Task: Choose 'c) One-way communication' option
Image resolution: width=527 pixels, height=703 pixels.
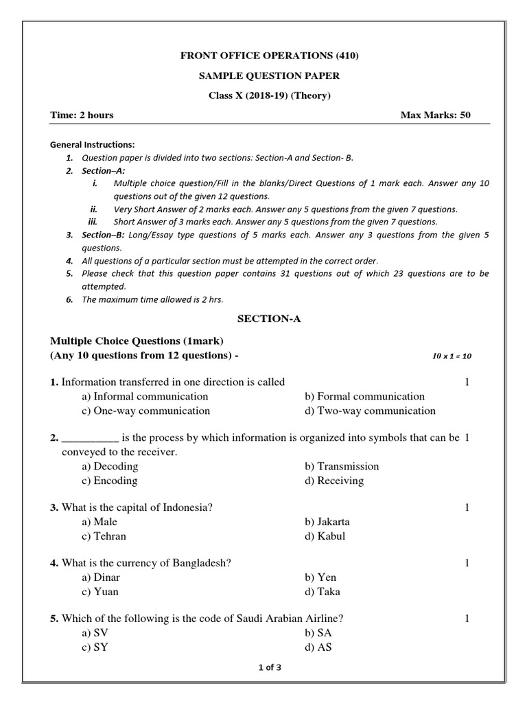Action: [x=145, y=411]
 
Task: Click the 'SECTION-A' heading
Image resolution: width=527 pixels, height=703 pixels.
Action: [x=269, y=319]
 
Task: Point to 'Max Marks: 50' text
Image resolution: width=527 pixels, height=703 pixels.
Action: [x=436, y=115]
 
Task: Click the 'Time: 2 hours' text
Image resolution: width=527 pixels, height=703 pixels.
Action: [x=82, y=115]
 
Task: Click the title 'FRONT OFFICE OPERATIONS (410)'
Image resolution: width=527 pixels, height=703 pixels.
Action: [x=269, y=56]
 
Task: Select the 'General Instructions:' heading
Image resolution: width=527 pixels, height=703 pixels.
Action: [x=93, y=145]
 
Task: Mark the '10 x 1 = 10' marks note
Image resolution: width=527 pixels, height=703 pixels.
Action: [x=452, y=356]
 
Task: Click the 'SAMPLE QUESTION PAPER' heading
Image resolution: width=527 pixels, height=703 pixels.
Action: [x=269, y=76]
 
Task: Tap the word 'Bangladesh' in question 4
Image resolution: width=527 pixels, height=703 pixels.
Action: [x=196, y=563]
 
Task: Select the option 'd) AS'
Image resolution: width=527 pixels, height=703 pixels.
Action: [x=319, y=647]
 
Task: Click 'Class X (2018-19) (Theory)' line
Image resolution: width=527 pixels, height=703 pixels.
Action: [x=269, y=95]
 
